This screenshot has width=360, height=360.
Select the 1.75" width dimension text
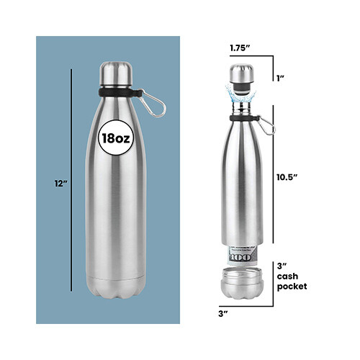pyautogui.click(x=240, y=48)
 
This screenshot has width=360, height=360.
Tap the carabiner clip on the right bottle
pyautogui.click(x=269, y=127)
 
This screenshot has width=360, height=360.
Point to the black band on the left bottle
pyautogui.click(x=115, y=94)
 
